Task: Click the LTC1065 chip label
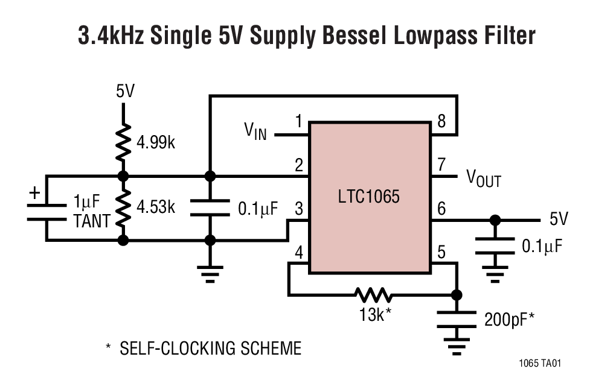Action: point(368,197)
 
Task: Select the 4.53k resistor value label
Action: point(156,207)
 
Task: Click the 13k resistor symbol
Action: point(373,295)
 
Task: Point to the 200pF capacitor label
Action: point(509,319)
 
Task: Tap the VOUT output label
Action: point(483,178)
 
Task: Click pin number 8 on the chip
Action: point(441,122)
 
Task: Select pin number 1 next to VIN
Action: point(298,122)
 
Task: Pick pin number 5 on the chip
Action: point(441,253)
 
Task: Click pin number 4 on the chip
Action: point(298,253)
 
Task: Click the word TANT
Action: point(92,221)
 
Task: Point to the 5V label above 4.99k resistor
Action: point(125,92)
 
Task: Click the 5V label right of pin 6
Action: point(559,218)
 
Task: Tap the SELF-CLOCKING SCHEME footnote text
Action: point(210,348)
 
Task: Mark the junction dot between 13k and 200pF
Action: point(457,295)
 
